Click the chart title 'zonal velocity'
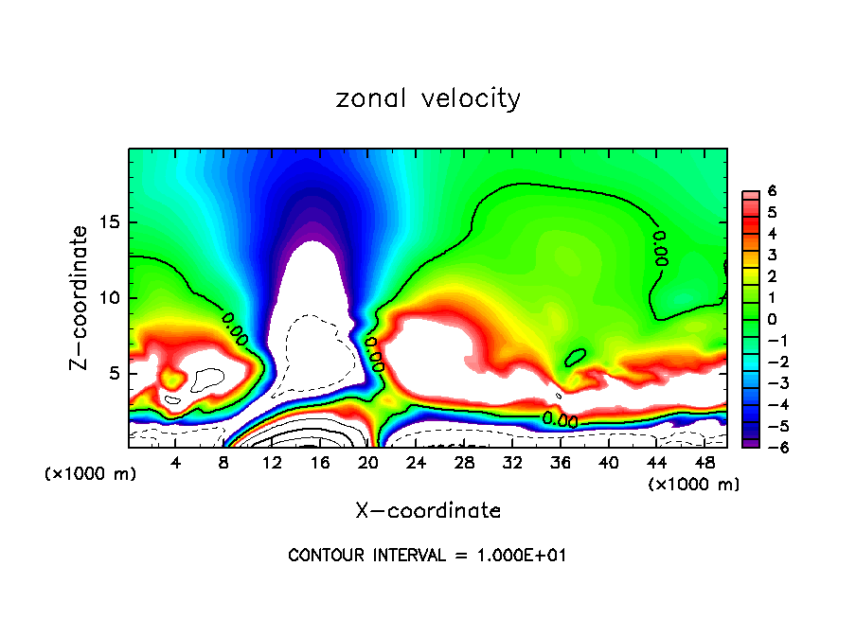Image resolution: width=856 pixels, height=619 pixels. coord(428,98)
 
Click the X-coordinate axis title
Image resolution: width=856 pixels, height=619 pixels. coord(428,511)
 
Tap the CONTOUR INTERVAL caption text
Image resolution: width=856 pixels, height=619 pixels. coord(427,556)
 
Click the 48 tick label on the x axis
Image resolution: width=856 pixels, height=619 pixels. coord(704,461)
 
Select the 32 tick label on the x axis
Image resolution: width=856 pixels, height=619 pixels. coord(512,461)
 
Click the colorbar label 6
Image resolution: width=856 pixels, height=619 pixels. coord(772,190)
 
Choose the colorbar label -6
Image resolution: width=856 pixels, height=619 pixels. coord(769,447)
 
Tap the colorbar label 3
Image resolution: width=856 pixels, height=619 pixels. coord(772,255)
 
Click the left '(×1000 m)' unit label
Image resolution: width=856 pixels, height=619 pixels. coord(91,474)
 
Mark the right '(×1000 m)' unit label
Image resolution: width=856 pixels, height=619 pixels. coord(694,485)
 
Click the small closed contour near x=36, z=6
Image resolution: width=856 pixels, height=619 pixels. coord(575,357)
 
